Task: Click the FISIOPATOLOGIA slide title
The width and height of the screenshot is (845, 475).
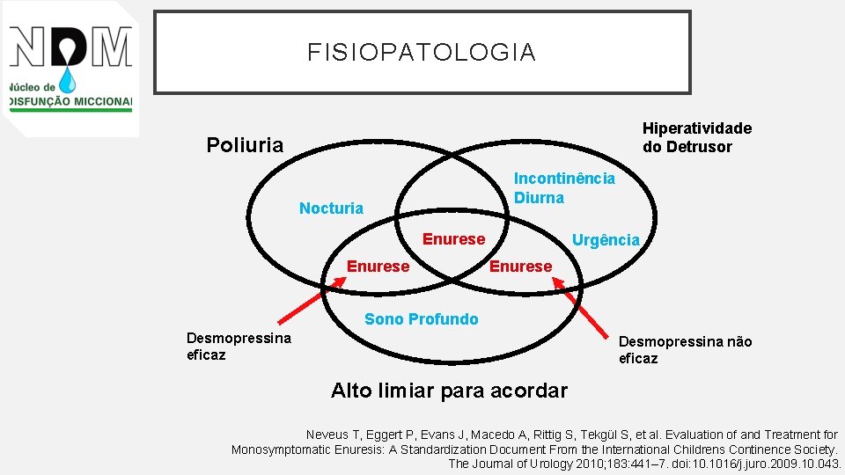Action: point(422,53)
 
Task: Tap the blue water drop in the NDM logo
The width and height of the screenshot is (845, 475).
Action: point(68,80)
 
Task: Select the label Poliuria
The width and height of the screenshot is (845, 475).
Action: point(245,145)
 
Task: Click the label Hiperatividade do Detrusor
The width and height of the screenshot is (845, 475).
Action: point(696,137)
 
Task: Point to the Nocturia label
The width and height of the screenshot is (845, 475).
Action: point(331,208)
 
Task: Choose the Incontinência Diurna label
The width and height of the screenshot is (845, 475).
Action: point(564,188)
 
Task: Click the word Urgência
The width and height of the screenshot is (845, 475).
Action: point(606,240)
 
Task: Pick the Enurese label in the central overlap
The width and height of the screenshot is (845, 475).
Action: point(453,239)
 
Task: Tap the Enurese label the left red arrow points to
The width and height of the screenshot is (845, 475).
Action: point(378,267)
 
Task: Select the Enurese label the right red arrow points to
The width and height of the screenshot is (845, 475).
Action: point(520,267)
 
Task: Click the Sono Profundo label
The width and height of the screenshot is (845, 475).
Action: point(422,319)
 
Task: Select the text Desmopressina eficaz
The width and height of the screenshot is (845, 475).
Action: point(239,347)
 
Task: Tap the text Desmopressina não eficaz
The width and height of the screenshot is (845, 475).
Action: point(685,350)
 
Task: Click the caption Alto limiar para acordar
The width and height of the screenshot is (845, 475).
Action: point(449,391)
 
